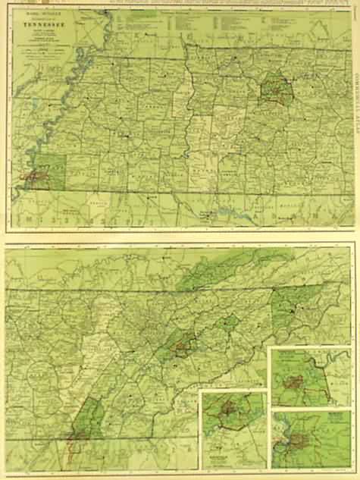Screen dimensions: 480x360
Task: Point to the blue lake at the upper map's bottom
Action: tap(226, 212)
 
